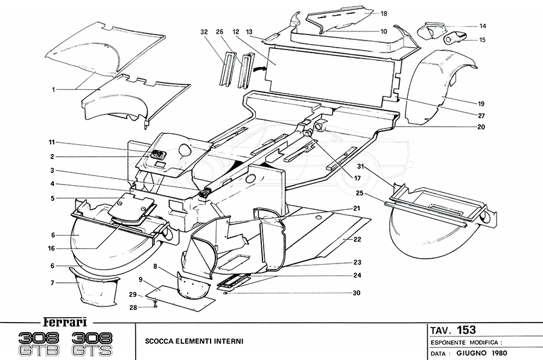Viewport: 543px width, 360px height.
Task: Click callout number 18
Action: (x=384, y=13)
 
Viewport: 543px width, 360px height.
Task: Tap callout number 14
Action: (x=483, y=26)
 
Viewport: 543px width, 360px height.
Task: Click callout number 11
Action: (x=52, y=143)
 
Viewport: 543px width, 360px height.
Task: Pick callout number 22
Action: (x=358, y=239)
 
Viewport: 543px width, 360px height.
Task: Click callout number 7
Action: (x=53, y=282)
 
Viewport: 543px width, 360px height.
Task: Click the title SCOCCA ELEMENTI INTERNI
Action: (x=194, y=342)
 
